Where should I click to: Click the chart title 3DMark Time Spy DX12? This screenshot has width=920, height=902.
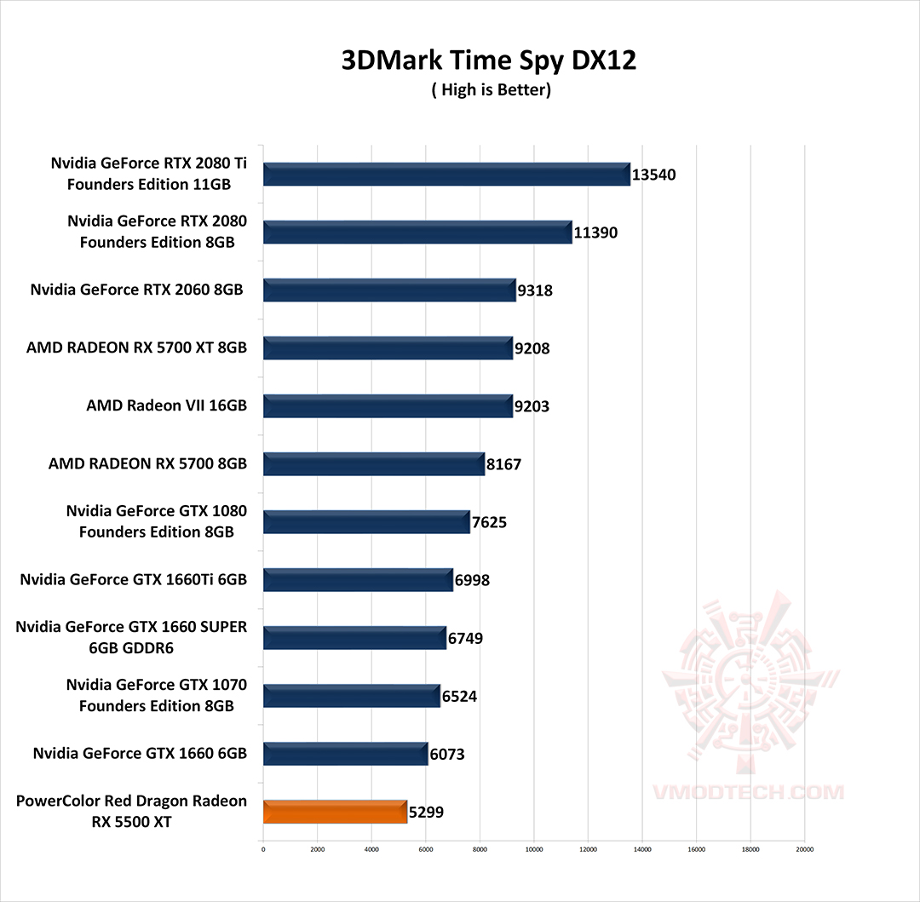tap(489, 60)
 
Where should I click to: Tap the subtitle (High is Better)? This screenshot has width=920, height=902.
tap(491, 90)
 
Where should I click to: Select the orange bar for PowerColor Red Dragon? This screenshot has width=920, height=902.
tap(336, 812)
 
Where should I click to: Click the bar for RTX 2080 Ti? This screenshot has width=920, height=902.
tap(446, 174)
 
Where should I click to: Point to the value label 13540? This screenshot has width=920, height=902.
tap(654, 175)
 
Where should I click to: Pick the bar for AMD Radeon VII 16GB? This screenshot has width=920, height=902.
tap(388, 406)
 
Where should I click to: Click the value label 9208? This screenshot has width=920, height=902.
tap(532, 348)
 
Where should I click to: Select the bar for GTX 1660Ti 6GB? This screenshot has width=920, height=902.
tap(358, 580)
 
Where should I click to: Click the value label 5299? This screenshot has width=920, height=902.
tap(427, 813)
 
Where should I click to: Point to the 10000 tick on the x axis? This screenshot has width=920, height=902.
tap(534, 849)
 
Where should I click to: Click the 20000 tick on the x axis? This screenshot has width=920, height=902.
tap(805, 849)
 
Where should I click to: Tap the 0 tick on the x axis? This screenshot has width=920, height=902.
tap(263, 849)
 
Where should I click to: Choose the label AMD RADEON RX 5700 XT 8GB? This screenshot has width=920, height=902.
tap(136, 348)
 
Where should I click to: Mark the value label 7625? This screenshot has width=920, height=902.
tap(490, 522)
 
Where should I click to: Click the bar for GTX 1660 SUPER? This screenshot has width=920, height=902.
tap(354, 638)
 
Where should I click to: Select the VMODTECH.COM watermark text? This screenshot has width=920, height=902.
tap(749, 792)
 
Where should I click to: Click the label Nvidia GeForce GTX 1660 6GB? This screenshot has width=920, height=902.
tap(140, 753)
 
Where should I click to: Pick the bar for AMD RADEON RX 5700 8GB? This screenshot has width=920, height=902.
tap(373, 464)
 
